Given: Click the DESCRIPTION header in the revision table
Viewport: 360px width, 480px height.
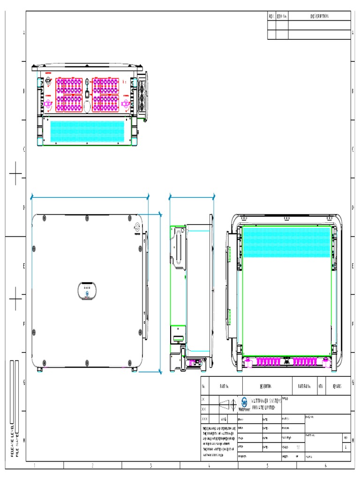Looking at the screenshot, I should pyautogui.click(x=319, y=16).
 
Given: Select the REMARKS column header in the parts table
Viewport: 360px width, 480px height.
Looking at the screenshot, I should pyautogui.click(x=337, y=386).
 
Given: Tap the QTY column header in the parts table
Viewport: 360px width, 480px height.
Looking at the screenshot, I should pyautogui.click(x=321, y=386).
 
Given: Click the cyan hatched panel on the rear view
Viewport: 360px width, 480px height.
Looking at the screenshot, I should pyautogui.click(x=286, y=241).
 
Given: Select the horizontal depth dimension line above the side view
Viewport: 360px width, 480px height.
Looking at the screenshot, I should pyautogui.click(x=192, y=198).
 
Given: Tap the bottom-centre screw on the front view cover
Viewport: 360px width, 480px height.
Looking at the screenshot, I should pyautogui.click(x=87, y=362).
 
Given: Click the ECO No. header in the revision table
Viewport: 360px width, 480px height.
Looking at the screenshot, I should pyautogui.click(x=281, y=16).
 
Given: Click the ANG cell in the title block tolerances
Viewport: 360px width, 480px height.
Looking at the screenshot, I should pyautogui.click(x=224, y=419).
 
